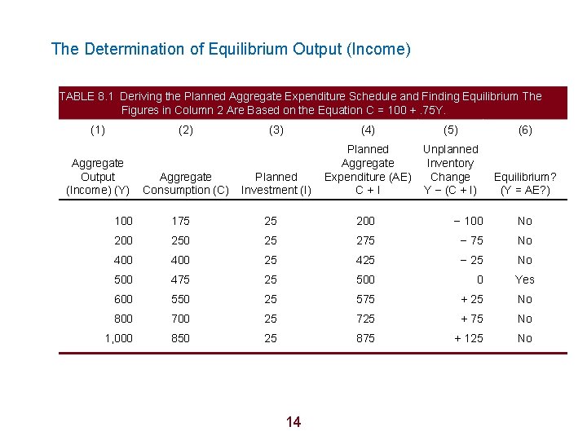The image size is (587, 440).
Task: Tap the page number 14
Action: pos(293,421)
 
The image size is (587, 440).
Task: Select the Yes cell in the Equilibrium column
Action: pos(525,279)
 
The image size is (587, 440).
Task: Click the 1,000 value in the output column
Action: pos(118,338)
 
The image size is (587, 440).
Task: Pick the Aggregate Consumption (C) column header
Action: pos(186,183)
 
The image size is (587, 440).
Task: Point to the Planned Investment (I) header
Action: pos(276,183)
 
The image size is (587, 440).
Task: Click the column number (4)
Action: pos(368,130)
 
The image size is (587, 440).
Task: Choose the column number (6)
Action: pos(525,130)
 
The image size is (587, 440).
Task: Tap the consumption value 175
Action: pos(180,221)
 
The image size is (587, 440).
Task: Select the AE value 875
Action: pos(365,338)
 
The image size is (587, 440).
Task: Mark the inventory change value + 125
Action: pos(468,338)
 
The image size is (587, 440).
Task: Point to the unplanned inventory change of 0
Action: pos(479,279)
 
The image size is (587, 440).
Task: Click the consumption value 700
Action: pos(180,319)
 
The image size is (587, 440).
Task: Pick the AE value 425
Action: pos(365,260)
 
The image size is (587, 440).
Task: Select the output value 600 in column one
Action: pos(123,299)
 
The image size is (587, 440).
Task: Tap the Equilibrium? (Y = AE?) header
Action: pos(525,183)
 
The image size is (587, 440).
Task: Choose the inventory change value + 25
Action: pos(471,299)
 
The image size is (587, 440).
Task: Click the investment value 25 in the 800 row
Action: pos(271,319)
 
